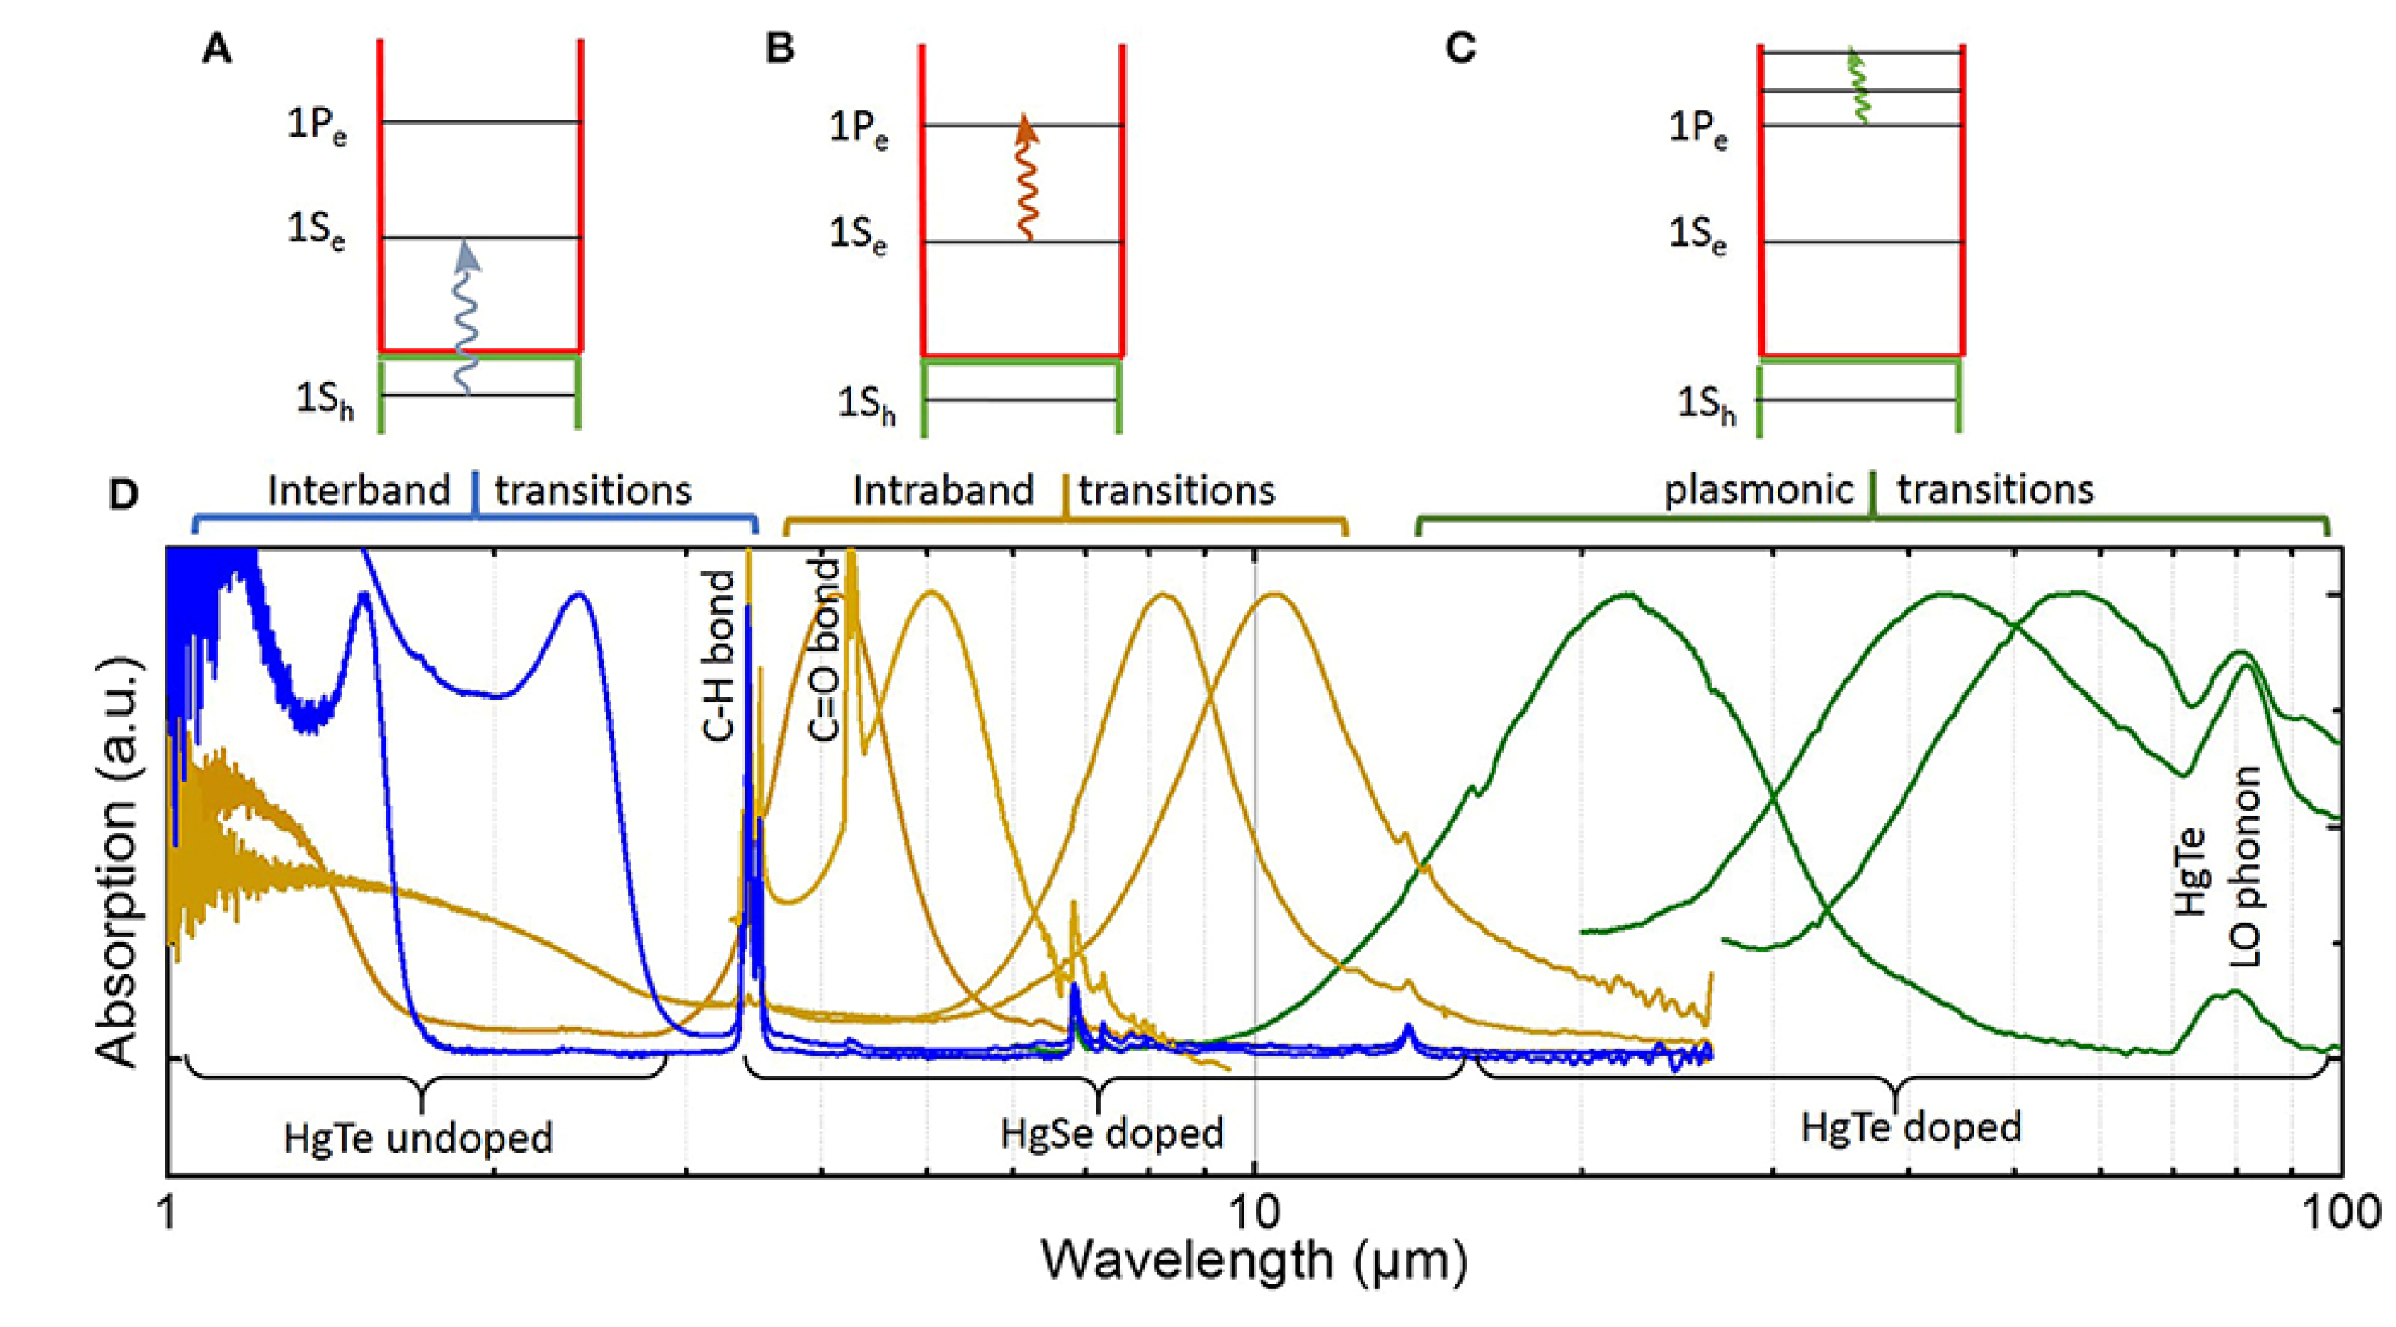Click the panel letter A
[x=217, y=48]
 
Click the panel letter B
[x=779, y=48]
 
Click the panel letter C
[x=1460, y=48]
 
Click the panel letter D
[x=124, y=494]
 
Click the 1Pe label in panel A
[x=317, y=125]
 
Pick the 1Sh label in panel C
[x=1706, y=405]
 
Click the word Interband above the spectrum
[x=359, y=490]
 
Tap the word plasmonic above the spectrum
[x=1758, y=490]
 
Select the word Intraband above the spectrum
[x=943, y=490]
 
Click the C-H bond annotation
[x=719, y=655]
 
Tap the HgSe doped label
[x=1112, y=1133]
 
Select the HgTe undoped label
[x=418, y=1138]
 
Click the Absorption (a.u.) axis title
[x=119, y=860]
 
